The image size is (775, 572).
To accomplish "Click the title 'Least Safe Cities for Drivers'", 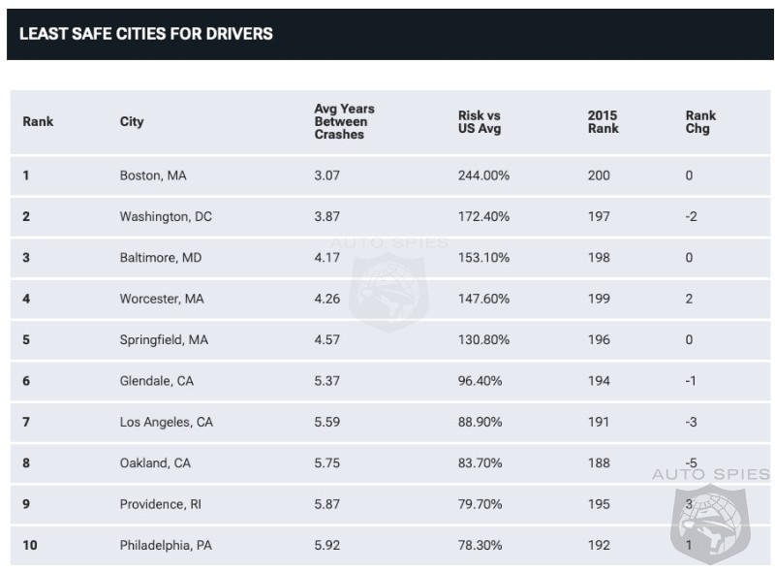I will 146,34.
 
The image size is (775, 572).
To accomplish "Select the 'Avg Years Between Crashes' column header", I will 344,121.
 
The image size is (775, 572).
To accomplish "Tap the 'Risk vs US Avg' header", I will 480,121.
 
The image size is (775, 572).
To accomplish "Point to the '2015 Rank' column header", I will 603,121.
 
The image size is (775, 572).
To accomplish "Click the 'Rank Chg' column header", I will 700,121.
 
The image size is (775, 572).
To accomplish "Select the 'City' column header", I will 132,121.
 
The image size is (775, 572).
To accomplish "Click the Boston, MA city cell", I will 153,175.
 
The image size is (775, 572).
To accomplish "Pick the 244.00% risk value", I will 483,175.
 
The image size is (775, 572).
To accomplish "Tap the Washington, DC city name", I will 166,216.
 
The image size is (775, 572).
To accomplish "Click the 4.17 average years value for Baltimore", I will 327,258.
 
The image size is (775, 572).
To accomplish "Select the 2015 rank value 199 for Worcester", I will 599,299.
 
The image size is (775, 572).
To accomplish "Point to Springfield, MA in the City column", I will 164,340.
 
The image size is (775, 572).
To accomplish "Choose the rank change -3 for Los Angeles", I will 691,422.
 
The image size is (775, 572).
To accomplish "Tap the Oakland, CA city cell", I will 155,462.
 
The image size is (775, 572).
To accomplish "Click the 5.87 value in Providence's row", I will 327,504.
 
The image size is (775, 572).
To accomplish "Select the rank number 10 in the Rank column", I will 30,545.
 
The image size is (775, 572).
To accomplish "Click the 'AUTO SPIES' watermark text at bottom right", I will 710,474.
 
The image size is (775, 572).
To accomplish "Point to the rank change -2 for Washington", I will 691,216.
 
